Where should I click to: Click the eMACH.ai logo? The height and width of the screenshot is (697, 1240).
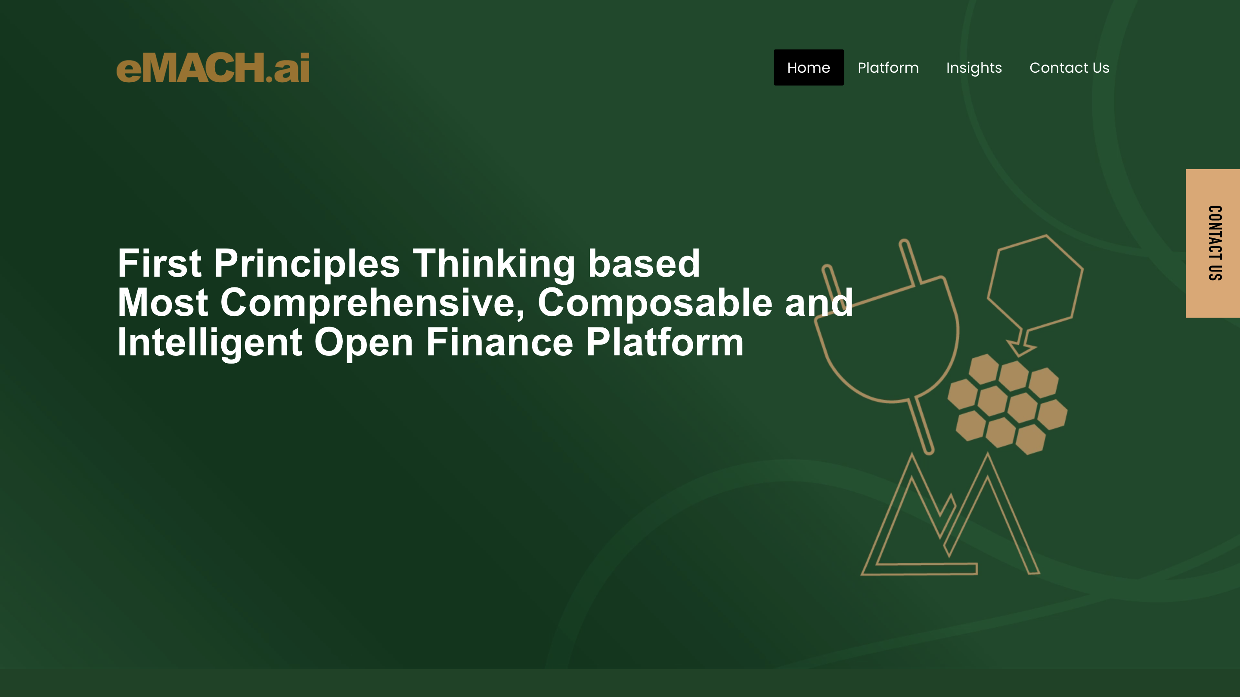point(213,68)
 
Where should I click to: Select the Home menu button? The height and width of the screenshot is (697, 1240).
point(808,68)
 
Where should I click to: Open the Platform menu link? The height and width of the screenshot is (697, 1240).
point(888,68)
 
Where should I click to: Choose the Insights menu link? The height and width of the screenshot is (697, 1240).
point(973,68)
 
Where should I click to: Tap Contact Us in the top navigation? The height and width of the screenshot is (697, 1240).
point(1069,68)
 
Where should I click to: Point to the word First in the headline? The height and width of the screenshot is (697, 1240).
point(159,263)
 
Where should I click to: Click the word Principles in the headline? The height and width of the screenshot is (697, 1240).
point(307,263)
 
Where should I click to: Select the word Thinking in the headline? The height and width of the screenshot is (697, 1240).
point(494,263)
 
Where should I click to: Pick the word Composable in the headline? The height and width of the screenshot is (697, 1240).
point(654,302)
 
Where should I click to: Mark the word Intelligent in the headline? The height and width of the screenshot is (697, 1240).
point(210,342)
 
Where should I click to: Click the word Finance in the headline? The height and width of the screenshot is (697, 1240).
point(499,342)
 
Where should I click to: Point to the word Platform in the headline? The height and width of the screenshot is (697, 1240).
point(664,342)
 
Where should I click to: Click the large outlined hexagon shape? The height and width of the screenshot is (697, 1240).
point(1035,284)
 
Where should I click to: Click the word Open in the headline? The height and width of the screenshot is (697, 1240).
point(363,342)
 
